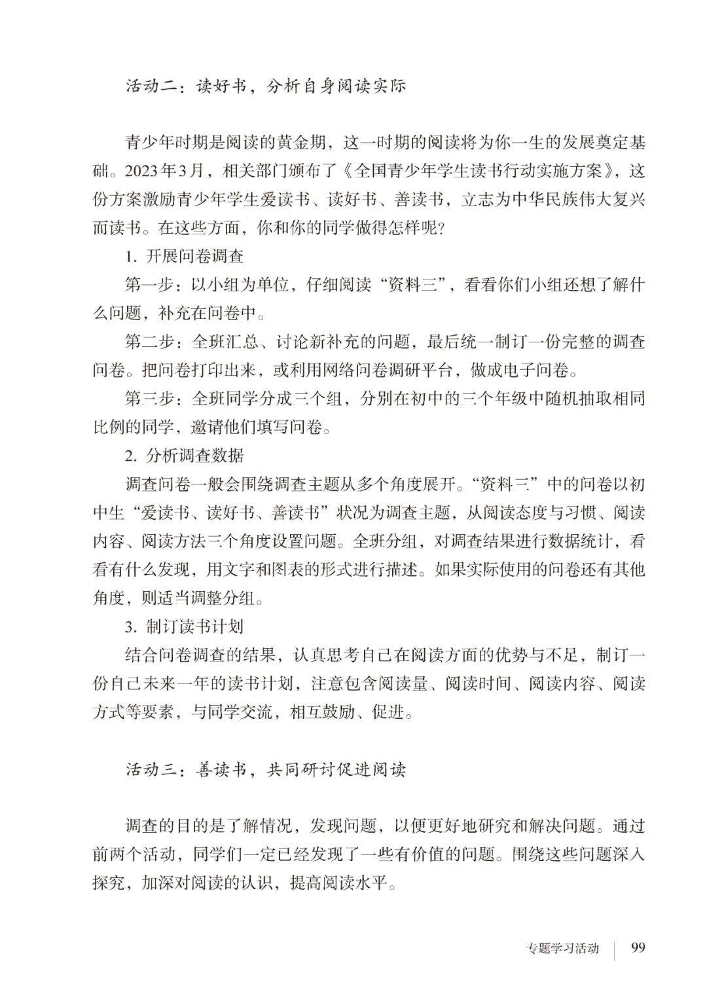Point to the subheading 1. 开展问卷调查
185,256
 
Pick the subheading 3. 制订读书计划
185,627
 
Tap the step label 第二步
149,342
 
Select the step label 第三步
149,399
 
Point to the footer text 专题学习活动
562,949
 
